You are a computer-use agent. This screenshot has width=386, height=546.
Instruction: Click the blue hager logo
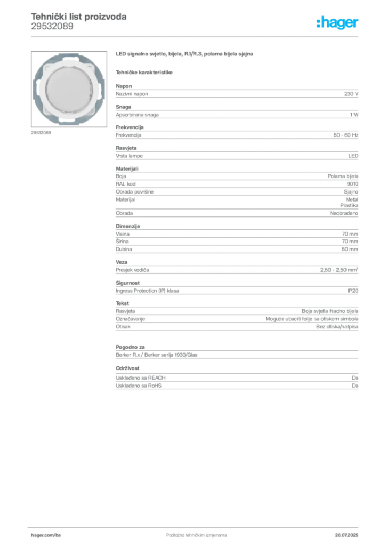pyautogui.click(x=339, y=23)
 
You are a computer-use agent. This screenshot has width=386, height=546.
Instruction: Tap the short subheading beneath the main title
pyautogui.click(x=145, y=70)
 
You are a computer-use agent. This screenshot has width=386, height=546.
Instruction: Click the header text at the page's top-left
pyautogui.click(x=78, y=20)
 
